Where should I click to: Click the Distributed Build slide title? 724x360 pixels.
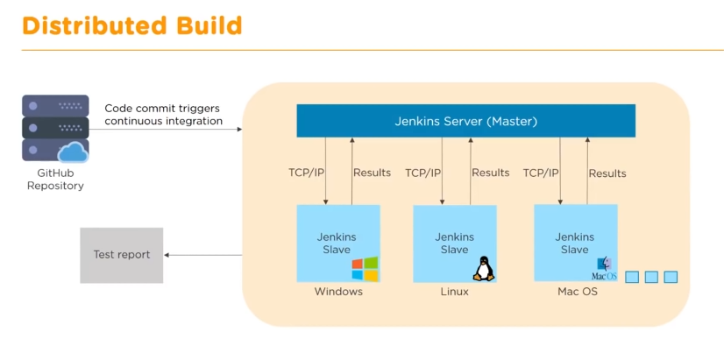click(132, 26)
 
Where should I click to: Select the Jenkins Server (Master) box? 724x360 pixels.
click(465, 121)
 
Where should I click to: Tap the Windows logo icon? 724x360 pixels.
click(365, 269)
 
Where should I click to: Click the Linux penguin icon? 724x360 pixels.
click(483, 268)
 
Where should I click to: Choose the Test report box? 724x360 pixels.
click(122, 255)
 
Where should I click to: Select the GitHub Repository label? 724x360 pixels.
click(55, 180)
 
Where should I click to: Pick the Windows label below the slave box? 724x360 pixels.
click(338, 292)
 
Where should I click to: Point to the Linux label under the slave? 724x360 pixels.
click(454, 292)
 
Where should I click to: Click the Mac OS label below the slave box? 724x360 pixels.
click(577, 292)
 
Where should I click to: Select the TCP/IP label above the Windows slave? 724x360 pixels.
click(306, 173)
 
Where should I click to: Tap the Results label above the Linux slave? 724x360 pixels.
click(490, 173)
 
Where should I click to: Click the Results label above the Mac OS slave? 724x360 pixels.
click(607, 173)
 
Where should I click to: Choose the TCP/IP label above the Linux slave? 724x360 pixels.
click(423, 173)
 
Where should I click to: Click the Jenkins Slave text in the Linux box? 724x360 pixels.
click(454, 244)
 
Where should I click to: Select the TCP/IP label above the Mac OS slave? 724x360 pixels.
click(541, 173)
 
